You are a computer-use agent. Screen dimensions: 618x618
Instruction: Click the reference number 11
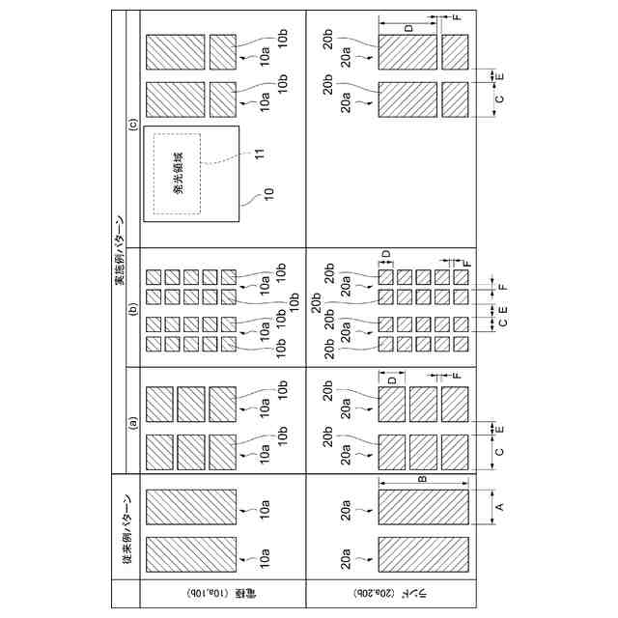[x=259, y=154]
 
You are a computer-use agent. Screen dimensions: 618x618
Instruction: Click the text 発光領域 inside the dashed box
[x=180, y=173]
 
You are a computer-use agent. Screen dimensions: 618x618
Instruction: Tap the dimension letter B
[x=422, y=477]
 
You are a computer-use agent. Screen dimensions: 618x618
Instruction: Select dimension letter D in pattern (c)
[x=408, y=29]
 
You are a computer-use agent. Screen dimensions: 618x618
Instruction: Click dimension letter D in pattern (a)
[x=392, y=380]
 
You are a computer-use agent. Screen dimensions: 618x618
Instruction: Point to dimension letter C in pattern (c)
[x=499, y=98]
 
